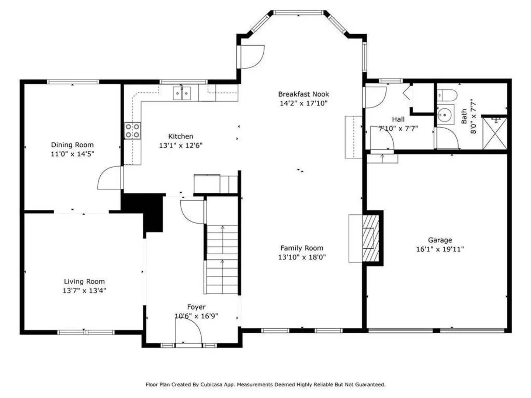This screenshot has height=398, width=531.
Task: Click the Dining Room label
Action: click(72, 145)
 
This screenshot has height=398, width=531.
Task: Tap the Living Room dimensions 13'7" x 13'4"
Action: click(84, 291)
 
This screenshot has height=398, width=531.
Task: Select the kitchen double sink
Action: click(183, 93)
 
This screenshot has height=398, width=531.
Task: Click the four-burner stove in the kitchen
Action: click(133, 130)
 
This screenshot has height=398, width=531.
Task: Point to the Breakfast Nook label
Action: click(303, 94)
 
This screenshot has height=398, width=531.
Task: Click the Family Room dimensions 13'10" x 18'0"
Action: click(302, 257)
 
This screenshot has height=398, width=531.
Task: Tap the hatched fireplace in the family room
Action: click(370, 238)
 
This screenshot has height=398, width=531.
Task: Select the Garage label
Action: click(440, 240)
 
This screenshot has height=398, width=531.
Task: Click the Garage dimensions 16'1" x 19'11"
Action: click(440, 249)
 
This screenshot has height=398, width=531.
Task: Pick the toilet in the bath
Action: click(447, 96)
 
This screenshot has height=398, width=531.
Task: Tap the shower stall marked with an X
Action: click(495, 133)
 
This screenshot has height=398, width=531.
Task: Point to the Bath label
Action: click(464, 116)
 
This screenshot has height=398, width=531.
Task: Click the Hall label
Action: click(398, 119)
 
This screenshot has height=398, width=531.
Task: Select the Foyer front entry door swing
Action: click(188, 331)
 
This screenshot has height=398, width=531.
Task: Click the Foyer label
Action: click(196, 307)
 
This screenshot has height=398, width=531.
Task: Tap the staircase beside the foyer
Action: click(222, 260)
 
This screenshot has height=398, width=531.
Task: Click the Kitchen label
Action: click(181, 136)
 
